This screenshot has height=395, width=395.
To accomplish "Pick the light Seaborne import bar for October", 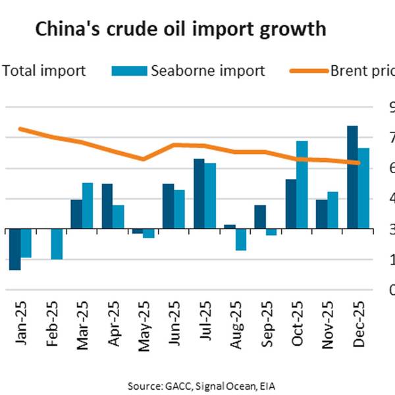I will (302, 185).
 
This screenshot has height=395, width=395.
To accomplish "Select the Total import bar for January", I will (14, 250).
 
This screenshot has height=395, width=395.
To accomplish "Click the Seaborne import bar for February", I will (57, 244).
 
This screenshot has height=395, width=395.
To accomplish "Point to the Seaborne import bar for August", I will (241, 240).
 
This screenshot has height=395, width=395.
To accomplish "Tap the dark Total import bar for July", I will (198, 194).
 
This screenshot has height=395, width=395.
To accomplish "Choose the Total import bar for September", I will (260, 217).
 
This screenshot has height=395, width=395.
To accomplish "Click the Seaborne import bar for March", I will (87, 206).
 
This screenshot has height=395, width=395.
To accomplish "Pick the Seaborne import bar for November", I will (332, 211).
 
